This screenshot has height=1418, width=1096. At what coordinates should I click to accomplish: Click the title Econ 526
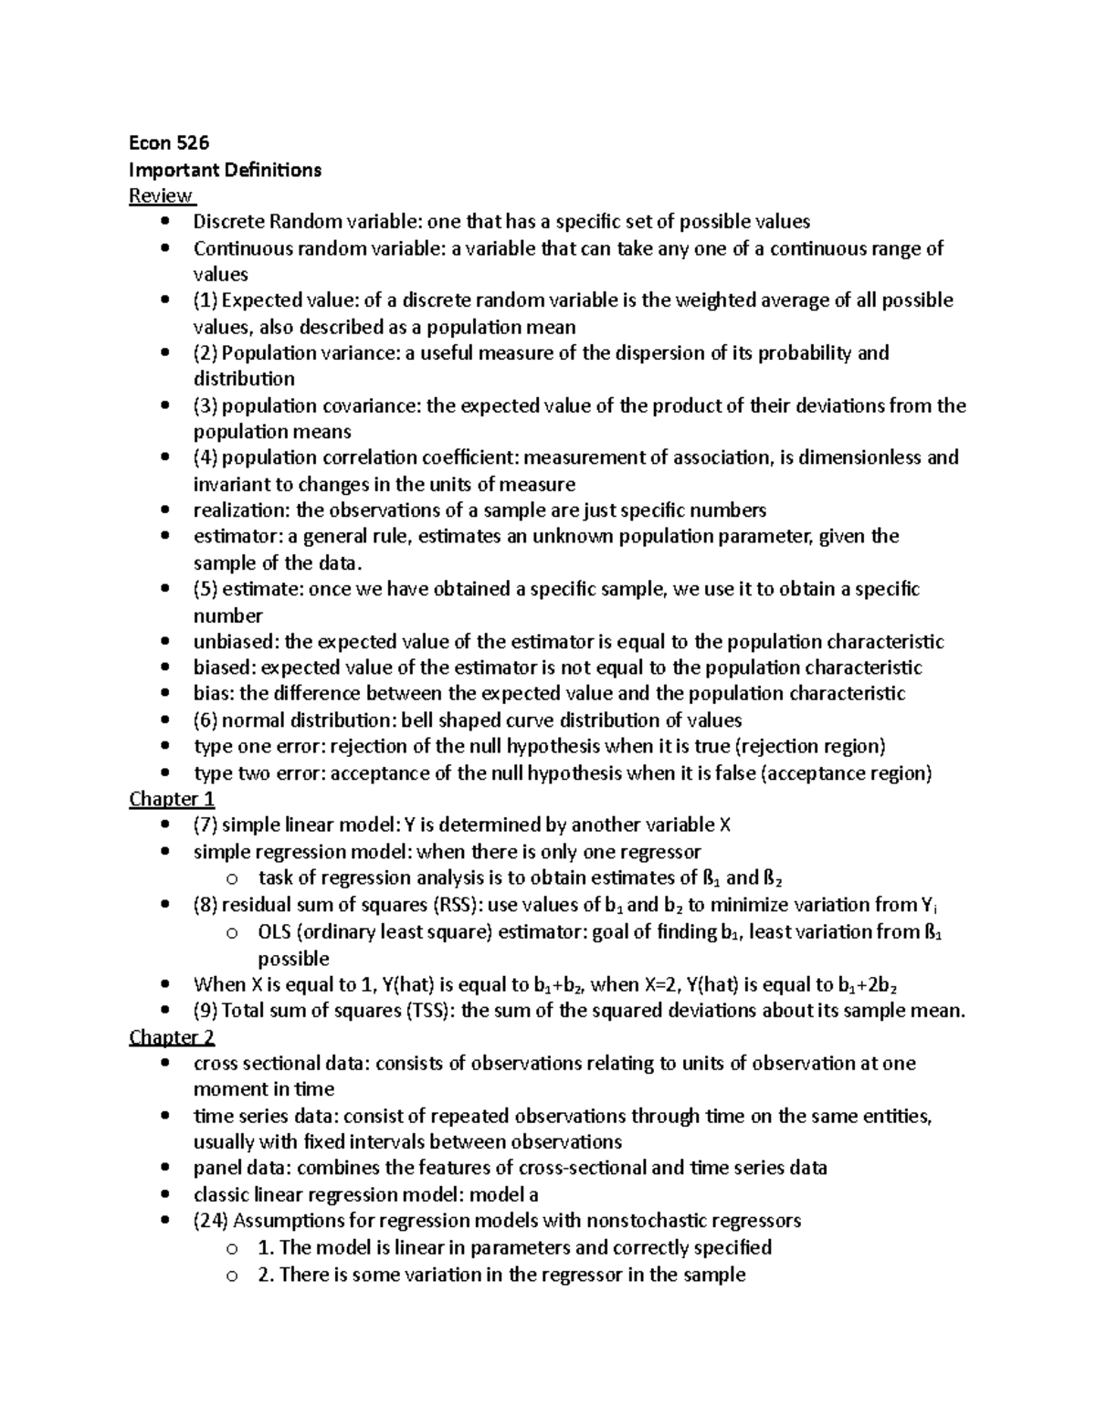click(x=169, y=142)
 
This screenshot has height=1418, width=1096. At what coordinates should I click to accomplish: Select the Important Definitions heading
click(x=225, y=169)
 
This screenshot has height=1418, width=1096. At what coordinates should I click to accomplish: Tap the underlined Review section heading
click(x=161, y=195)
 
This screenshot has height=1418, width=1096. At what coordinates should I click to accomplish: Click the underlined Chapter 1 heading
click(x=172, y=799)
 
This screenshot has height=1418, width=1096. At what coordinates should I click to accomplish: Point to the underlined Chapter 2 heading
click(x=172, y=1036)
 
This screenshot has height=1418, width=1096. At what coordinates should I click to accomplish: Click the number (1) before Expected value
click(x=205, y=300)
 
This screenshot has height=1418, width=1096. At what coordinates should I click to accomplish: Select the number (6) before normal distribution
click(x=205, y=720)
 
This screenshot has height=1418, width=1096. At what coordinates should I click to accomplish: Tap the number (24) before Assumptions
click(x=211, y=1221)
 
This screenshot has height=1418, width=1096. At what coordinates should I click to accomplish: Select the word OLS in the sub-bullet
click(x=273, y=932)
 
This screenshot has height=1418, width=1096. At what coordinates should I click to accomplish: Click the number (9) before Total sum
click(x=205, y=1011)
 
